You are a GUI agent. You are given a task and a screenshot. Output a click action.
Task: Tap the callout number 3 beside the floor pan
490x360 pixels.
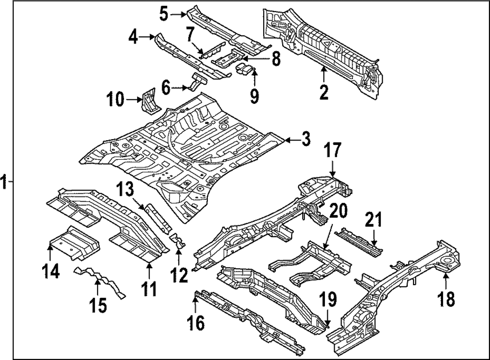pyautogui.click(x=305, y=140)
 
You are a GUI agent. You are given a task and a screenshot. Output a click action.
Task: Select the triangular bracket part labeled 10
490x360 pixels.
pyautogui.click(x=149, y=100)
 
